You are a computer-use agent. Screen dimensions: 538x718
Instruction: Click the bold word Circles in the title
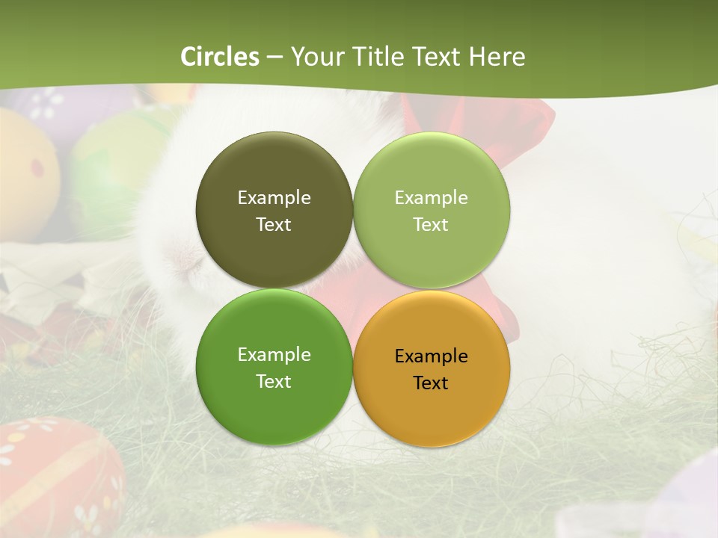click(220, 57)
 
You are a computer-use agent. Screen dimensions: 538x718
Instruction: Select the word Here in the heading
click(497, 57)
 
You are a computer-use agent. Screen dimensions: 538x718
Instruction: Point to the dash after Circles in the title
click(274, 58)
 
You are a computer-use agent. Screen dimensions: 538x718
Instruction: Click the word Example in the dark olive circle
click(274, 198)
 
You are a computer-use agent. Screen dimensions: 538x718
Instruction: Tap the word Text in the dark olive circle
click(274, 225)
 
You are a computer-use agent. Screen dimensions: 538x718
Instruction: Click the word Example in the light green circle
click(431, 198)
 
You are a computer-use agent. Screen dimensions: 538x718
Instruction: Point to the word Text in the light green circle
click(431, 225)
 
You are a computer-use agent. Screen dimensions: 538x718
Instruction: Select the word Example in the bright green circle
click(274, 355)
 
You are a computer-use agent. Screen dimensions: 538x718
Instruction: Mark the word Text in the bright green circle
click(274, 382)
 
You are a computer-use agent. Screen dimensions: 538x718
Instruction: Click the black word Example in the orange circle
click(431, 356)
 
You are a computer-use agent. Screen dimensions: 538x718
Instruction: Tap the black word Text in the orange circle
click(431, 383)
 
